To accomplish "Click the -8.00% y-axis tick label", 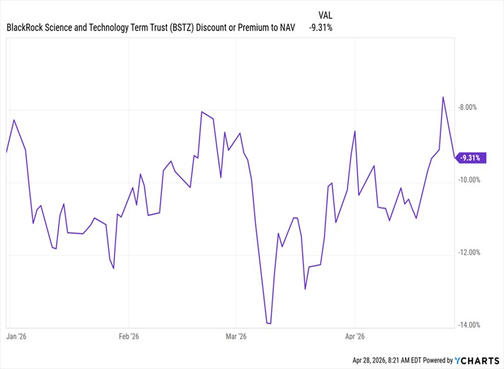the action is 467,107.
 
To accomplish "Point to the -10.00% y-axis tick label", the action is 469,180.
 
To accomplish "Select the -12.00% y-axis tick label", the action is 469,253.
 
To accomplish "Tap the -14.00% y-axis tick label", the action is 469,325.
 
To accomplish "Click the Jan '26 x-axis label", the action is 16,336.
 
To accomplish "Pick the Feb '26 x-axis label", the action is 129,336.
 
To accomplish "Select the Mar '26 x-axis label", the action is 236,336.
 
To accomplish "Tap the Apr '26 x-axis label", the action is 355,336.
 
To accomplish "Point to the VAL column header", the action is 325,15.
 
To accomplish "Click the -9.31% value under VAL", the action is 321,28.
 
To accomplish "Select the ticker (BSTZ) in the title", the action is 182,28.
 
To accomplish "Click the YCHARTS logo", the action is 477,361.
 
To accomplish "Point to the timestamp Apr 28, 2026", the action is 369,360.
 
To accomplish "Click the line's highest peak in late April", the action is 444,97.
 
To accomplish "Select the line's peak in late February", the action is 202,111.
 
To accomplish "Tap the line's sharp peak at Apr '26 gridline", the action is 355,131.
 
